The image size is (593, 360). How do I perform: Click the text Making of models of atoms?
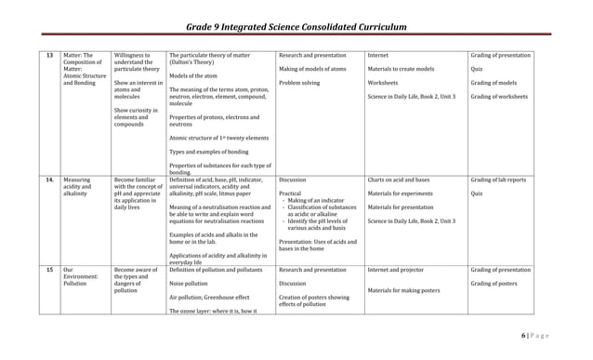312,69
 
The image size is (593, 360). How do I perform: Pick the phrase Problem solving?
299,83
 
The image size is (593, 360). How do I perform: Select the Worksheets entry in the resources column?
384,83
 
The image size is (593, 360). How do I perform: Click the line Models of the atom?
192,76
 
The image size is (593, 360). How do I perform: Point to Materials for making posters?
404,290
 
